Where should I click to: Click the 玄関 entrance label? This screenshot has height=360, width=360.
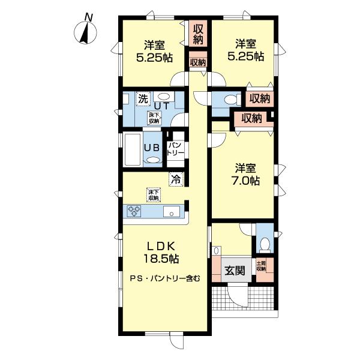coord(235,270)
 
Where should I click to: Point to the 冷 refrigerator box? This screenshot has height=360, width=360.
coord(176,178)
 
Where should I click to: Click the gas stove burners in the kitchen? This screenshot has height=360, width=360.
coord(133,211)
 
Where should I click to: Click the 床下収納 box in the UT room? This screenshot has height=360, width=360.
coord(154,118)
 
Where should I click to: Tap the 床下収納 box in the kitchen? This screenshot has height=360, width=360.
coord(154,194)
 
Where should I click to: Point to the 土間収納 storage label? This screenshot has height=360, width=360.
coord(262,265)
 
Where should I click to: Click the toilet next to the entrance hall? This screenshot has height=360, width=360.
coord(265,243)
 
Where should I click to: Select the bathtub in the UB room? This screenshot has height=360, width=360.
coord(131,148)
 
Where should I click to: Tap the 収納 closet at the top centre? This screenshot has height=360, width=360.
coord(199,34)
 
